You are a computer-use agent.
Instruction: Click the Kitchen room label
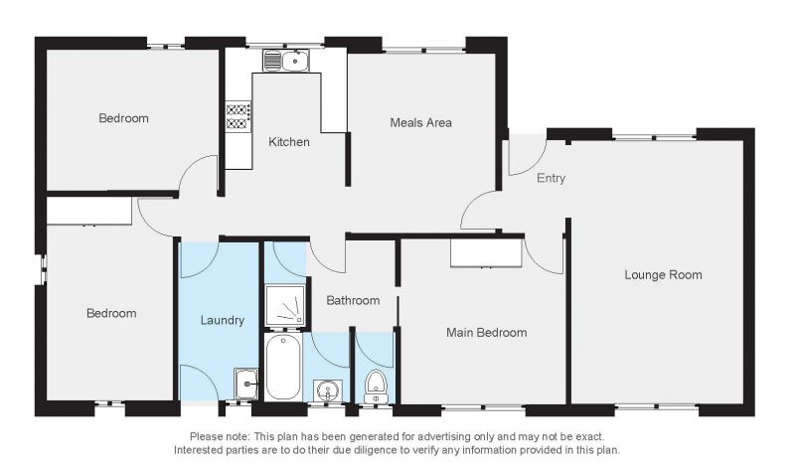pos(288,142)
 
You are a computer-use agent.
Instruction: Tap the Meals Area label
pos(420,122)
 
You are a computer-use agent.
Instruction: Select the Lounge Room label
pos(663,275)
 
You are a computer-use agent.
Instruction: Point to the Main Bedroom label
pos(486,333)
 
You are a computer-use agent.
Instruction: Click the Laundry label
pos(222,321)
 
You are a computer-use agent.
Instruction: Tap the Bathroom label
pos(353,301)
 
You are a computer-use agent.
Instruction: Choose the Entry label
pos(551,178)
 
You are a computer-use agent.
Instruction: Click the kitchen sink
pos(285,61)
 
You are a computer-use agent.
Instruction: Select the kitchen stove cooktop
pos(238,116)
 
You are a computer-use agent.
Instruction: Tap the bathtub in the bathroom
pos(282,367)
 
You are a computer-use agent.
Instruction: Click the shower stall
pos(285,305)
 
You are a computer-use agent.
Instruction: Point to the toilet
pos(376,387)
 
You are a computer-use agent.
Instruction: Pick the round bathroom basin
pos(328,390)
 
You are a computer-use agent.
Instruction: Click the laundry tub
pos(245,384)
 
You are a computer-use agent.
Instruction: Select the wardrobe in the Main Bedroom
pos(486,252)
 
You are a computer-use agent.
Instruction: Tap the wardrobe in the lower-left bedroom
pos(89,211)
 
